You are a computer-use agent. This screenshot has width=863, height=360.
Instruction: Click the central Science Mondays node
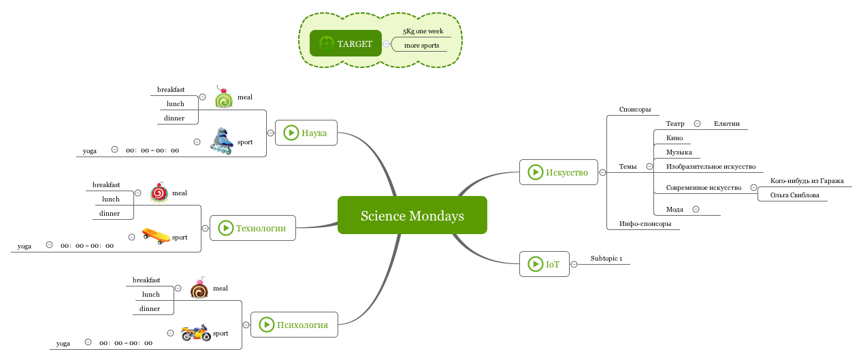click(412, 216)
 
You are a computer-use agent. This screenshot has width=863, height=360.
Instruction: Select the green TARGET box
click(345, 44)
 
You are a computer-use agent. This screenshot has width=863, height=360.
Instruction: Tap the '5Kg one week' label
click(423, 31)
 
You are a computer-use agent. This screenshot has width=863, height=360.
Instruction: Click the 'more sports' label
click(421, 46)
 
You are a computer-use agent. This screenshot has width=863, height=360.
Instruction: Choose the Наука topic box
click(306, 133)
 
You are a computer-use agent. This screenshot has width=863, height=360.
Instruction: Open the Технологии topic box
click(253, 228)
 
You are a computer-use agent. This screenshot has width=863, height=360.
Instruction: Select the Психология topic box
click(294, 325)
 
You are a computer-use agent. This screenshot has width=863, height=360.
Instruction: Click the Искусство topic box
click(558, 172)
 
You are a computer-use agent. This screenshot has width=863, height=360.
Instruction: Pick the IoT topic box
click(544, 264)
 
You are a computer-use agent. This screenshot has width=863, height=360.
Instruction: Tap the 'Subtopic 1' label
click(606, 259)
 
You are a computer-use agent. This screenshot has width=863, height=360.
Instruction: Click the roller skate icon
click(221, 142)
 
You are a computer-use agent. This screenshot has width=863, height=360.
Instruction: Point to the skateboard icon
click(156, 236)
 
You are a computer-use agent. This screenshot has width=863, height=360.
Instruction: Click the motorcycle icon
click(195, 333)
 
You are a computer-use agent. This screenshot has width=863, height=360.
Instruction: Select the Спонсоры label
click(634, 110)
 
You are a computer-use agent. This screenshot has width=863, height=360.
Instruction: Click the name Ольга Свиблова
click(794, 195)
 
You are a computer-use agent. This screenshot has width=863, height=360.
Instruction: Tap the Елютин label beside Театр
click(726, 124)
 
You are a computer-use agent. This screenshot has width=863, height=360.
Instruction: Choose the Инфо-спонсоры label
click(645, 223)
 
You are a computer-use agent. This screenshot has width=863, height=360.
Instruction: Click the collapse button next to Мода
click(696, 210)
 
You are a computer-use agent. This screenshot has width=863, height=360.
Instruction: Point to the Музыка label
click(679, 152)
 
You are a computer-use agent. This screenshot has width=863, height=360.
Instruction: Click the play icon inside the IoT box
click(535, 264)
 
